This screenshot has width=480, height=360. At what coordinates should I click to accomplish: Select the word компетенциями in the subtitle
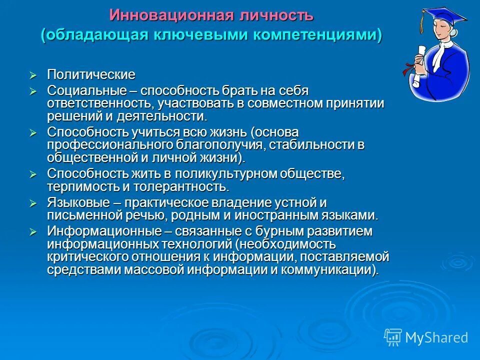pos(319,35)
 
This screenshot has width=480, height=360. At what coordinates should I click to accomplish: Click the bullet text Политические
pos(91,75)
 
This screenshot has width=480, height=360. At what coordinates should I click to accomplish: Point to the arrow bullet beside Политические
pos(33,75)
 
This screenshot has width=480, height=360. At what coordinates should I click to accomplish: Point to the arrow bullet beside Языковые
pos(33,203)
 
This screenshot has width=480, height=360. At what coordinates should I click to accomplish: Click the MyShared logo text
pos(436,337)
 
